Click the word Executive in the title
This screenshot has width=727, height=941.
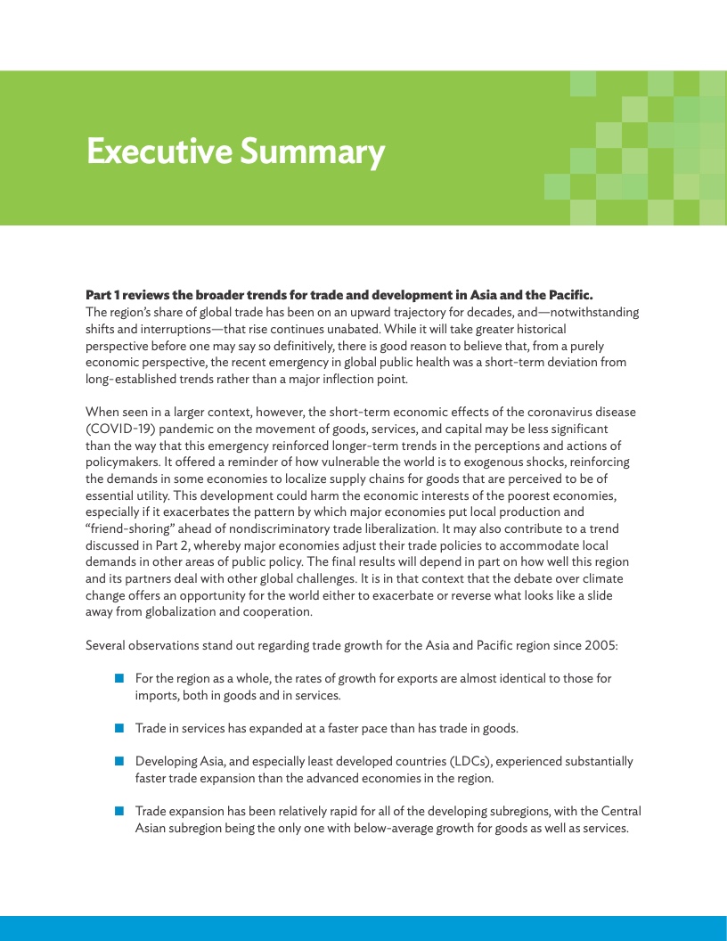[151, 152]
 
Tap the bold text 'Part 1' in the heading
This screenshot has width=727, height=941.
[104, 294]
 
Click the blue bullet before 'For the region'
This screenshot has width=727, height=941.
[119, 678]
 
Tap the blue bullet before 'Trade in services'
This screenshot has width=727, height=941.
[119, 728]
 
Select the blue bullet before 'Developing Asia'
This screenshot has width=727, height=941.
[119, 761]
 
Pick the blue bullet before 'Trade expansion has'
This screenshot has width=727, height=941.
[119, 811]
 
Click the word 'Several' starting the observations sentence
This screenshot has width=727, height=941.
[106, 644]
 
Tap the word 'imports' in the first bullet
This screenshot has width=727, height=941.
[157, 695]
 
